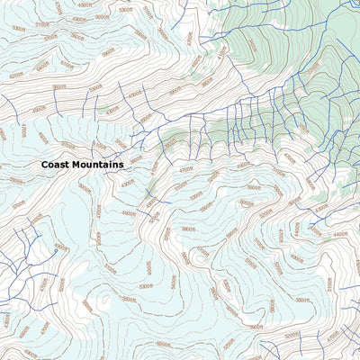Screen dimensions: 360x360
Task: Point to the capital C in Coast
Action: [x=44, y=165]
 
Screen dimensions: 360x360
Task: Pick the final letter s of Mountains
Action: [x=121, y=165]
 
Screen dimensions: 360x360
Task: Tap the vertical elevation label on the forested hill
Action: [x=252, y=45]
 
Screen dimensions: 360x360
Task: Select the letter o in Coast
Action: [x=50, y=165]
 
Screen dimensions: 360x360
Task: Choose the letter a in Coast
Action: [x=57, y=165]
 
